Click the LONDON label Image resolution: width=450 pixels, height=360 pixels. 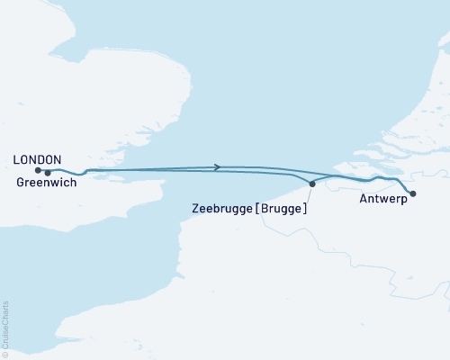37,158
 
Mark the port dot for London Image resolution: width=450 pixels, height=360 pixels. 38,169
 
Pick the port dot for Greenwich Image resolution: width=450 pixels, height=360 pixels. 48,172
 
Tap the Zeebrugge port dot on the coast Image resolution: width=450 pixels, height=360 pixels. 312,184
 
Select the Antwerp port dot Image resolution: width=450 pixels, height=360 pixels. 413,193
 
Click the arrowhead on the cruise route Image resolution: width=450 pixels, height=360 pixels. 218,166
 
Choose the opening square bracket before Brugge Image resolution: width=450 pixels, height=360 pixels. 258,208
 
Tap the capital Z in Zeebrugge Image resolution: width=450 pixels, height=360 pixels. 195,208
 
